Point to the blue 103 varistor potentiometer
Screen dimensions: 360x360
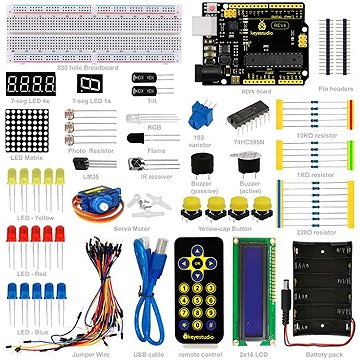pos(206,116)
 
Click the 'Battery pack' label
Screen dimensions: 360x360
pos(322,352)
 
